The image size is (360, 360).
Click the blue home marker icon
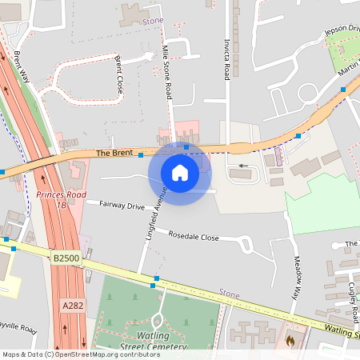[x=180, y=172]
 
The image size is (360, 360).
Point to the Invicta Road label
[x=227, y=60]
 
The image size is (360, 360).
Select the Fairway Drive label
[x=122, y=206]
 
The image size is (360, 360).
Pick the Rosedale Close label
[x=193, y=237]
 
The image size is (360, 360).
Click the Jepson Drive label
[x=342, y=30]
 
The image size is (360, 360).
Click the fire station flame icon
[x=290, y=340]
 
